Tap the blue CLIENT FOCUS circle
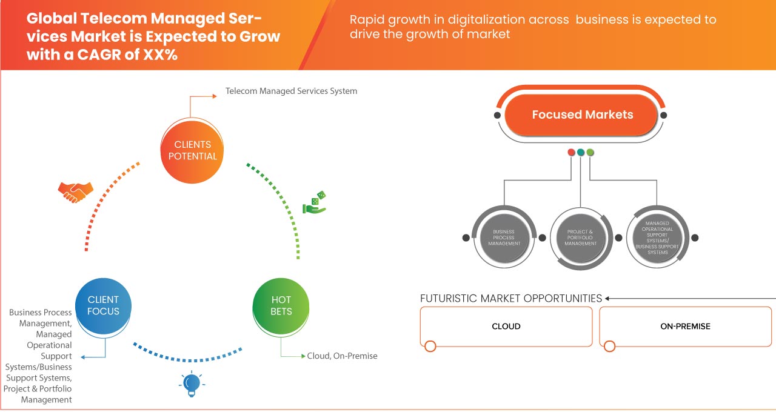point(104,305)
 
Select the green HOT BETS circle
point(281,305)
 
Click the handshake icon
point(75,191)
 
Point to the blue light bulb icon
point(192,384)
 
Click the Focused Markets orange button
point(582,115)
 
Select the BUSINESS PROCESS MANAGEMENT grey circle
point(504,238)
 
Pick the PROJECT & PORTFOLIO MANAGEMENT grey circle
point(580,238)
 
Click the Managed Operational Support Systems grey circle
point(657,238)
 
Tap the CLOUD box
point(506,326)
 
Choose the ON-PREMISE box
point(685,326)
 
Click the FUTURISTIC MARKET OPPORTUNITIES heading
point(511,298)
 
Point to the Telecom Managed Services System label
point(292,91)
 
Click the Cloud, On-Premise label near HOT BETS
point(342,356)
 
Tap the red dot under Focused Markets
point(571,152)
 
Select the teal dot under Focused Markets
point(581,152)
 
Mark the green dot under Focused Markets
point(590,152)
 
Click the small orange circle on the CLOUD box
point(430,347)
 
